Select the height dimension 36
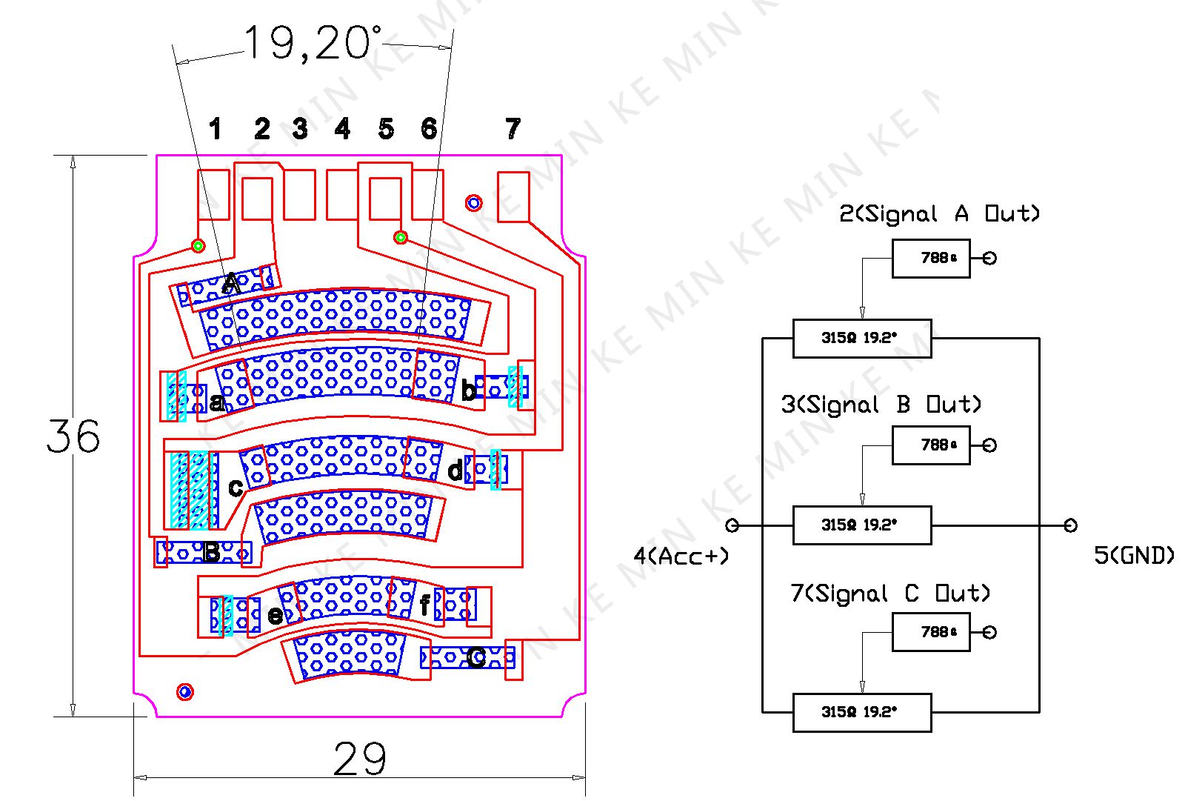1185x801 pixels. coord(73,436)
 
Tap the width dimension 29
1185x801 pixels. coord(359,759)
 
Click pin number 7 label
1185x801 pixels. coord(513,129)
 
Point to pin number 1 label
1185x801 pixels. coord(215,130)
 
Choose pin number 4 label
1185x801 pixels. coord(342,130)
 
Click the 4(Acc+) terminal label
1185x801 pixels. coord(681,556)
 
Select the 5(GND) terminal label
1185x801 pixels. coord(1134,556)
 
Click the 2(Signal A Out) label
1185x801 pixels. coord(939,214)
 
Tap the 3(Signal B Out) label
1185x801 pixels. coord(881,405)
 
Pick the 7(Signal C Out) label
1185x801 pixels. coord(890,594)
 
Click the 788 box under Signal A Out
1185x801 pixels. coord(931,258)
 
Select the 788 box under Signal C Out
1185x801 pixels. coord(931,632)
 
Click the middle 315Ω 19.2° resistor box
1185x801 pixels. coord(862,525)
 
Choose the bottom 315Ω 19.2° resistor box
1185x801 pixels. coord(862,712)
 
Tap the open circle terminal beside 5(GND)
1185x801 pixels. coord(1070,525)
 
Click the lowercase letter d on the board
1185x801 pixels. coord(455,470)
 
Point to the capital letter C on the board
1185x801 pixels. coord(476,657)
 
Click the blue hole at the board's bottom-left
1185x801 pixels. coord(185,692)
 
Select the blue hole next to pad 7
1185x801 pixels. coord(473,202)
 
